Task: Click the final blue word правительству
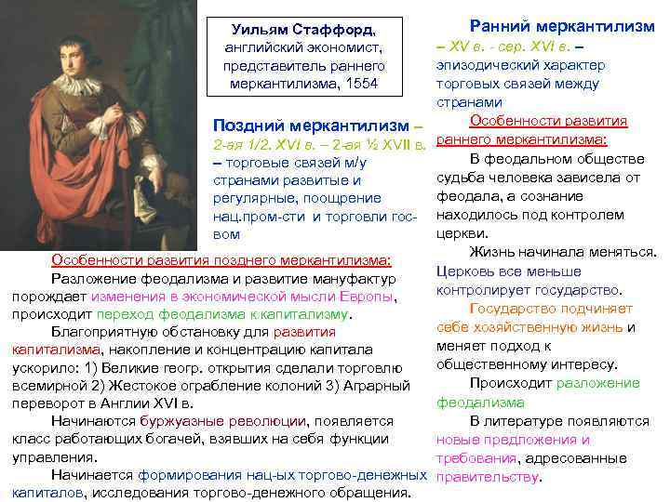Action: pyautogui.click(x=488, y=477)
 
